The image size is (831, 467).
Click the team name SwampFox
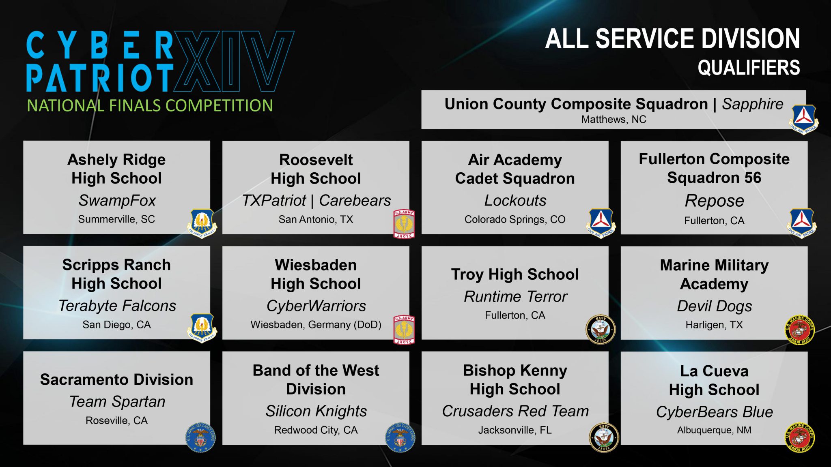point(117,200)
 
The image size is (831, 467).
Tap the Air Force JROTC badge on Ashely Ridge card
point(202,223)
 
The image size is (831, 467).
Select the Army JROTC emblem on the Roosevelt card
point(404,224)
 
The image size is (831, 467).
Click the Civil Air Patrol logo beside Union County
point(803,119)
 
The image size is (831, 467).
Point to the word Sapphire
point(752,104)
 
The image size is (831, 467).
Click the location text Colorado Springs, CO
point(515,219)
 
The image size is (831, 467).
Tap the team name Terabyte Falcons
point(117,306)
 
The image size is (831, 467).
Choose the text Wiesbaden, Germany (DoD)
point(316,325)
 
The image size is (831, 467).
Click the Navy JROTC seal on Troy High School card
point(600,329)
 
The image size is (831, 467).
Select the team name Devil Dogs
point(714,306)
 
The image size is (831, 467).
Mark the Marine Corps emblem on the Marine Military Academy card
point(799,330)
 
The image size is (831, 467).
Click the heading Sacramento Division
point(117,379)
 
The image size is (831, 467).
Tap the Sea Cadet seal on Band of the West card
point(400,437)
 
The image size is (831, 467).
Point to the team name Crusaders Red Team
point(515,411)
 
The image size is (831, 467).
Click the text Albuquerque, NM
point(714,430)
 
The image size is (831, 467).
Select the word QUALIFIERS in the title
point(749,68)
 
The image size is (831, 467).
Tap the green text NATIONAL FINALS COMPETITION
point(150,106)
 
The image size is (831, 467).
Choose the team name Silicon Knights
point(316,411)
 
